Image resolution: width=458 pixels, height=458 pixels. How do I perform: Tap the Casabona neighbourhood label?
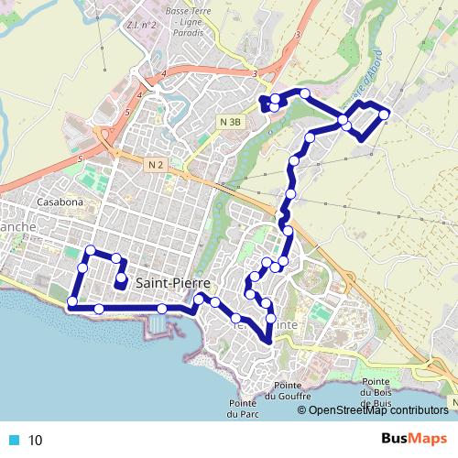point(61,202)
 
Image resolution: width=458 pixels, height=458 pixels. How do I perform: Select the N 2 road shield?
point(155,165)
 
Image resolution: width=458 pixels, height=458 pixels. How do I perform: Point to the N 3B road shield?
point(230,122)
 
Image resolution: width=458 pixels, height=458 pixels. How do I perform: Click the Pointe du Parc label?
point(243,409)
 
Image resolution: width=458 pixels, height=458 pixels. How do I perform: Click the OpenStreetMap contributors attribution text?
point(377,410)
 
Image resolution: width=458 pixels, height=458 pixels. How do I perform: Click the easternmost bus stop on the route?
point(385,114)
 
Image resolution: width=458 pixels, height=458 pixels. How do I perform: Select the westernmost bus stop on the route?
point(72,301)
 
